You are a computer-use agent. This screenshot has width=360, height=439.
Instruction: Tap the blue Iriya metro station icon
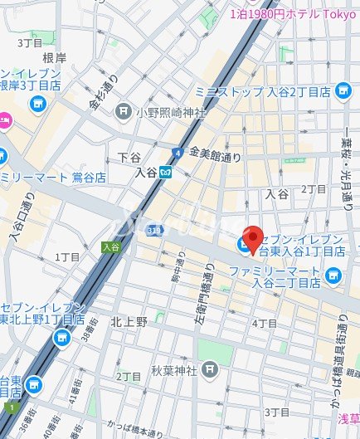coord(166,172)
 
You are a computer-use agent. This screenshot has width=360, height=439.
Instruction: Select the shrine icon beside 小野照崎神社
coord(124,109)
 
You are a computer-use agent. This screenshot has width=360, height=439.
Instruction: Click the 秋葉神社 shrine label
coord(173,368)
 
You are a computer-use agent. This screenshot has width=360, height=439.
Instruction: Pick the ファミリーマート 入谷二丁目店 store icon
coord(333,274)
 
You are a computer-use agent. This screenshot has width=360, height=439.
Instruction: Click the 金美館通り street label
coord(215,154)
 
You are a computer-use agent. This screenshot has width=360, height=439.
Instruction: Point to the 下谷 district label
coord(129,157)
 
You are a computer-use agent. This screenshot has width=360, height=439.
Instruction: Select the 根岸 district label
coord(54,57)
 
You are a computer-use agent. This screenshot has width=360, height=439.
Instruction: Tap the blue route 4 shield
coord(178,153)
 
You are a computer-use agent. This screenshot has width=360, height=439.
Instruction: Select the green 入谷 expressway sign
coord(110,246)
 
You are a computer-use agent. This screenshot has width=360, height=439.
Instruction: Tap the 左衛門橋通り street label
coord(209,300)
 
